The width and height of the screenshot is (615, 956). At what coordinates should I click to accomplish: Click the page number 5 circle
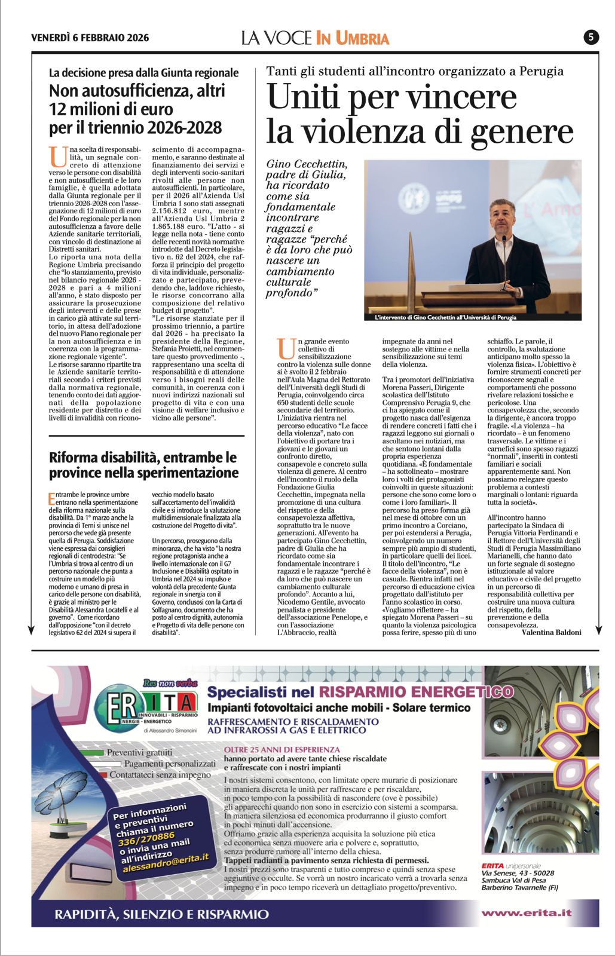click(590, 38)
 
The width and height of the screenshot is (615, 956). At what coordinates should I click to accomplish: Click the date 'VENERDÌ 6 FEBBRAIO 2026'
click(90, 38)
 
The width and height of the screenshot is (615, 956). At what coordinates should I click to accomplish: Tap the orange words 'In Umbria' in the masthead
click(352, 38)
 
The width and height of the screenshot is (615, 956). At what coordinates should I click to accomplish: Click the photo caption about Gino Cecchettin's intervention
click(445, 317)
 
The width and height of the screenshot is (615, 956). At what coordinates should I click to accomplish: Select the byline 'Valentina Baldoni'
click(551, 632)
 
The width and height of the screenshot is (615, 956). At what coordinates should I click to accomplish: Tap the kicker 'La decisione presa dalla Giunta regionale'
click(143, 73)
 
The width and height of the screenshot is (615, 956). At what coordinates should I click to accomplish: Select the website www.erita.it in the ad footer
click(527, 913)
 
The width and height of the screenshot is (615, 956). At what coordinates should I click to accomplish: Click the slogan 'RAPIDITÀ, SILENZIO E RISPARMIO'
click(161, 914)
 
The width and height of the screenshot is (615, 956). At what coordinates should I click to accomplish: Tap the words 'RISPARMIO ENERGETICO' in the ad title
click(416, 692)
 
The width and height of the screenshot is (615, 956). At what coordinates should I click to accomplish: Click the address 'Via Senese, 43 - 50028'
click(518, 873)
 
